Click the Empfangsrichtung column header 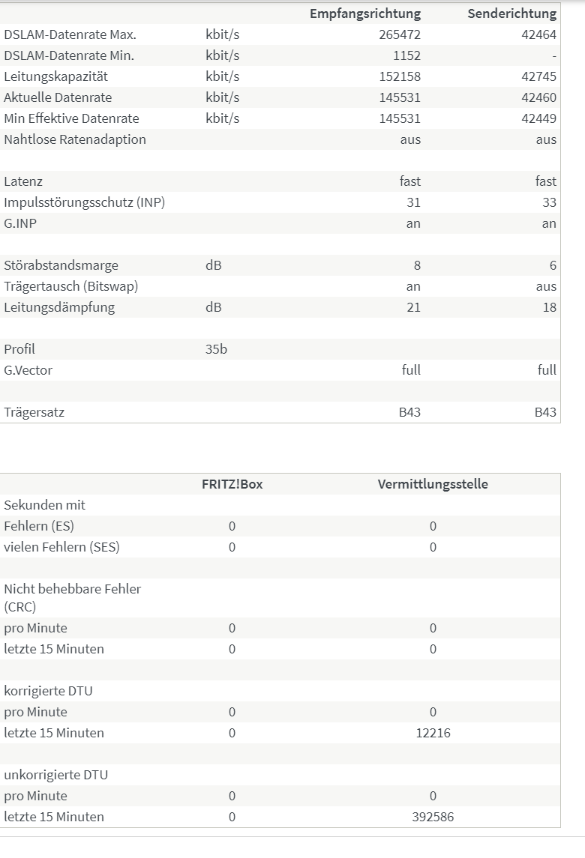tap(365, 13)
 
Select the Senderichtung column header tap(511, 13)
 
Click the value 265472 tap(400, 34)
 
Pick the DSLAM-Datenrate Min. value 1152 tap(406, 55)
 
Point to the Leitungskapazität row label tap(56, 76)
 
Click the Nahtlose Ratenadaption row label tap(75, 139)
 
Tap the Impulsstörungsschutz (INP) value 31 tap(413, 202)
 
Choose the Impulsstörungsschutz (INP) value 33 tap(549, 202)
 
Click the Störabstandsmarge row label tap(61, 265)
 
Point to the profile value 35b tap(216, 349)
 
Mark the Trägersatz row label tap(34, 412)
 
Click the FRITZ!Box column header tap(232, 484)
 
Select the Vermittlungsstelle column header tap(433, 484)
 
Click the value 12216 tap(433, 733)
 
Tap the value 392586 tap(433, 817)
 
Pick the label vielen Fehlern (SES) tap(61, 547)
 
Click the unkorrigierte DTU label tap(55, 775)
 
